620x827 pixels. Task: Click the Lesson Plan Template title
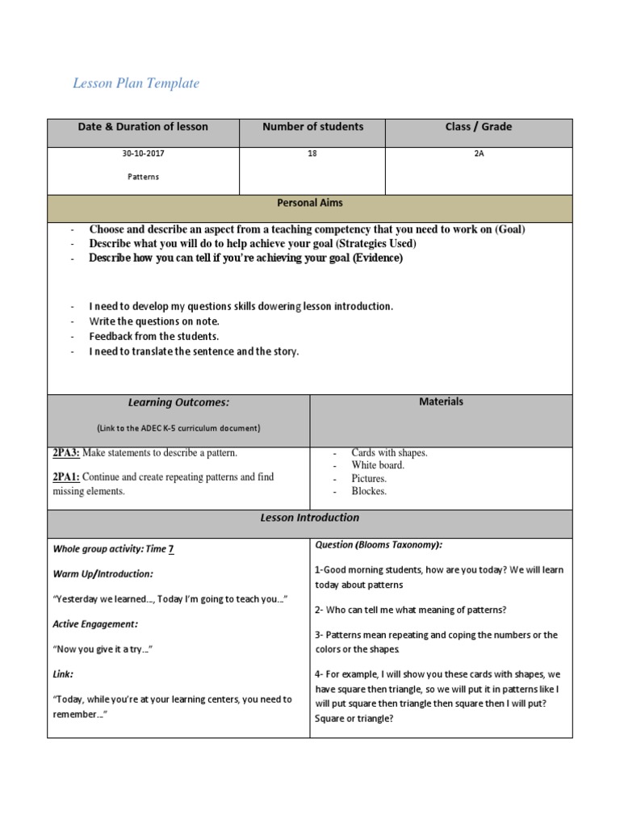136,83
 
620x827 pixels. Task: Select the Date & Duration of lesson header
143,127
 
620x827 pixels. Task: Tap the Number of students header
312,127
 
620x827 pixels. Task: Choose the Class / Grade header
478,127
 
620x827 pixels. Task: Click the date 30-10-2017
143,153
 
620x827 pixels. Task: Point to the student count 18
312,153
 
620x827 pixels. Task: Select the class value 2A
479,153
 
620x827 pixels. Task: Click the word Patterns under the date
143,177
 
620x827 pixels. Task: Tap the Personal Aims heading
310,204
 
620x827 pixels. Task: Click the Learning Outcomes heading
178,402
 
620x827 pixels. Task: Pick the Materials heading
441,401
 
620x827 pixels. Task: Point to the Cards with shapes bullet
389,453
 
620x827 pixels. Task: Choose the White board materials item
378,465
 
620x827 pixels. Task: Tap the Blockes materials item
369,490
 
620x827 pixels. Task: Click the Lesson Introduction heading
310,518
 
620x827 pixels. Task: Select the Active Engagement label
95,624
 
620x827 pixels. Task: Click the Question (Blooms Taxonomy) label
378,545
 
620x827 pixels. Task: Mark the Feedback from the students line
154,336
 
